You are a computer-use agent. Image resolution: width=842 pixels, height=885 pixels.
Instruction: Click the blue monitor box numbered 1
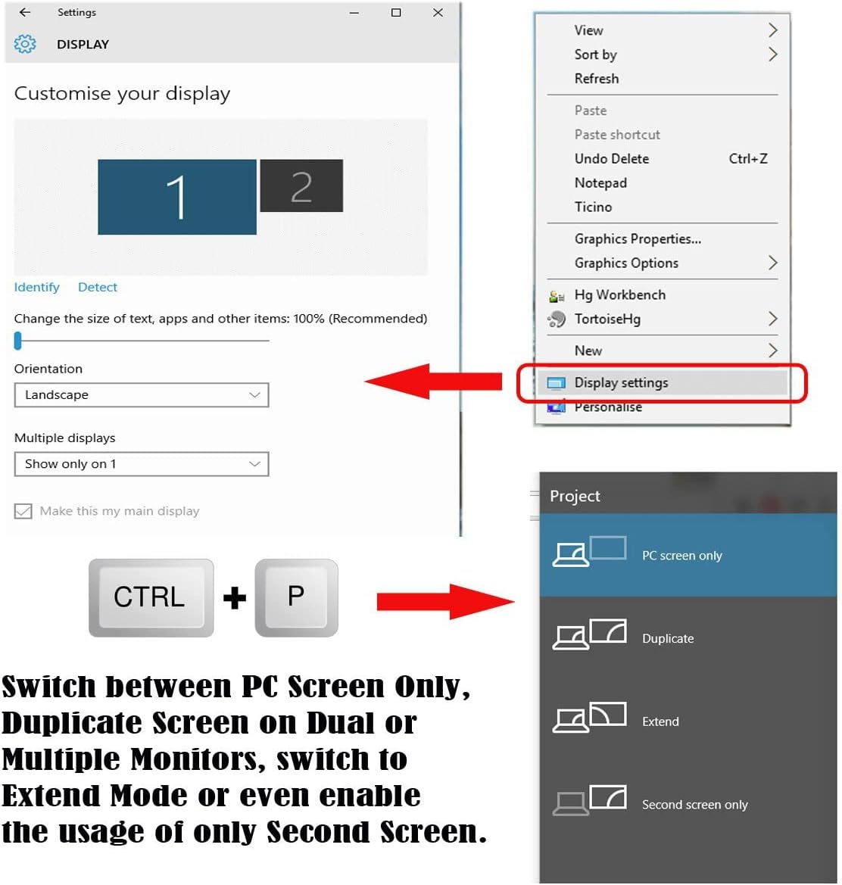pyautogui.click(x=176, y=197)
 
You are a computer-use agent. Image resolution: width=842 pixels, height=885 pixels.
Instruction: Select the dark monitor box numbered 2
pyautogui.click(x=301, y=186)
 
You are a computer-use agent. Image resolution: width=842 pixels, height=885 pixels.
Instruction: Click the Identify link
pyautogui.click(x=36, y=287)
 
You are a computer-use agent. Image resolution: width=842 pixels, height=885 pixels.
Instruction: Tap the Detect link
pyautogui.click(x=98, y=287)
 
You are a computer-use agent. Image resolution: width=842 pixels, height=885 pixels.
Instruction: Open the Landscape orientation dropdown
pyautogui.click(x=142, y=395)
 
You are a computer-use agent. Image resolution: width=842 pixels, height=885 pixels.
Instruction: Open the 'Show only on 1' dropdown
pyautogui.click(x=142, y=464)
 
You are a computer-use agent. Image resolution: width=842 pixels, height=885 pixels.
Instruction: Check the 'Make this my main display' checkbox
pyautogui.click(x=23, y=512)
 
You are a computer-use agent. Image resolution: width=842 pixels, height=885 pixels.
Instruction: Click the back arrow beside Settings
pyautogui.click(x=25, y=12)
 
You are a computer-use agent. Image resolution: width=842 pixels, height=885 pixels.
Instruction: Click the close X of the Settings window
pyautogui.click(x=438, y=12)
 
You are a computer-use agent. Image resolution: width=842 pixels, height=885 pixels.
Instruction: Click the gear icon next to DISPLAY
pyautogui.click(x=25, y=44)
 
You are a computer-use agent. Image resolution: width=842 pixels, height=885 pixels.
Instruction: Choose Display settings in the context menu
pyautogui.click(x=621, y=382)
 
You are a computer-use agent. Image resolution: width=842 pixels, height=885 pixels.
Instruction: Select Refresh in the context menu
pyautogui.click(x=597, y=79)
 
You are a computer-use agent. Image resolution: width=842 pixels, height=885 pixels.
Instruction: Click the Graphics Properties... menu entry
pyautogui.click(x=638, y=239)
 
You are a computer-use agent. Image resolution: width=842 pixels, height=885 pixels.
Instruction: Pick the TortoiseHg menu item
pyautogui.click(x=607, y=319)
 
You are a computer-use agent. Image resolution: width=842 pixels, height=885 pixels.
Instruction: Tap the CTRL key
pyautogui.click(x=150, y=597)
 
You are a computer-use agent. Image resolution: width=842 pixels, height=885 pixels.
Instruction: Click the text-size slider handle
pyautogui.click(x=18, y=341)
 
